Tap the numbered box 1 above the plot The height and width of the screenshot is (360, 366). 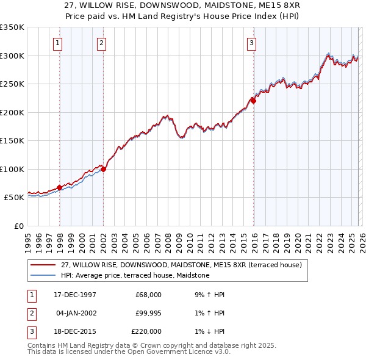(57, 43)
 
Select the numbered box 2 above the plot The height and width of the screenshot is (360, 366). (101, 43)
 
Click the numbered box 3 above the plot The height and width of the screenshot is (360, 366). (251, 43)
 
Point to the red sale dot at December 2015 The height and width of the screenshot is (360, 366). (253, 101)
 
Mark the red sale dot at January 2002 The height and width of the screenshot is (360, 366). (103, 170)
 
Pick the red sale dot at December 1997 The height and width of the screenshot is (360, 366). (59, 187)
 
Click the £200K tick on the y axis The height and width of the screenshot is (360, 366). (13, 112)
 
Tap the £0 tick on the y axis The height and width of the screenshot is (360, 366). (18, 226)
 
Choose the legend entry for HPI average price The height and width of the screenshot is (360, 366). (135, 276)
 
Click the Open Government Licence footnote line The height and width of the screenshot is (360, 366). (129, 353)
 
